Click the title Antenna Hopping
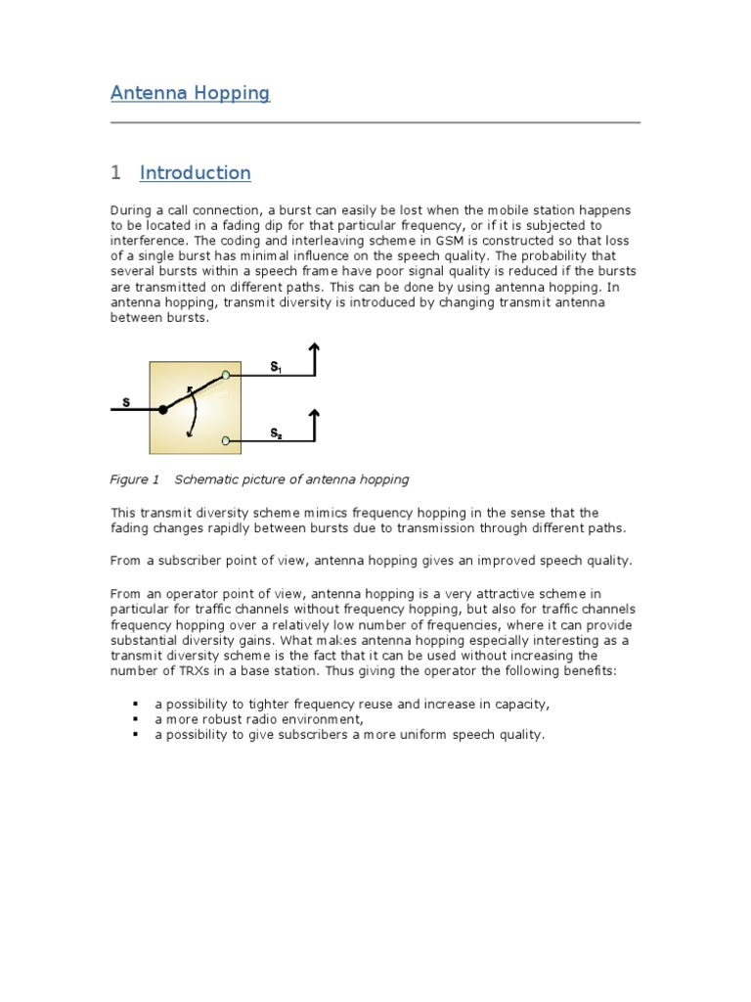[190, 94]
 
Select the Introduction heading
[195, 173]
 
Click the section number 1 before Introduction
[115, 173]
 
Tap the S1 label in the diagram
[276, 367]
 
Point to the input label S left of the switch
[125, 401]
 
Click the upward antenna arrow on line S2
[314, 425]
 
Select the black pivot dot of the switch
[163, 410]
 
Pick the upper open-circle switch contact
[226, 375]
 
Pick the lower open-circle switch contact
[226, 441]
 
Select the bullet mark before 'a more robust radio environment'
[135, 719]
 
